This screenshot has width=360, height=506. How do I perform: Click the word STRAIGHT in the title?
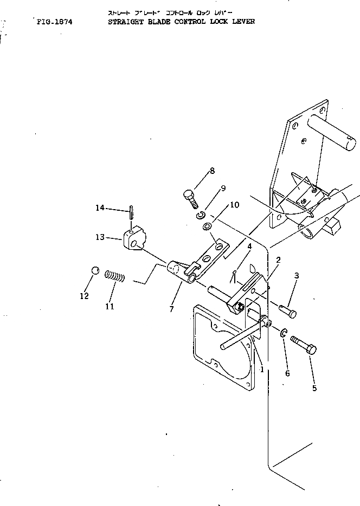[x=124, y=22]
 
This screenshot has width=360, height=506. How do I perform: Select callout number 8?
[x=212, y=171]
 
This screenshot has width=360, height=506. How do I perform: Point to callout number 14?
[x=99, y=208]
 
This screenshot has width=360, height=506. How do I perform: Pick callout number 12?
[x=83, y=296]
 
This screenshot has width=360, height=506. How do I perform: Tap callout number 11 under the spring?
[x=110, y=307]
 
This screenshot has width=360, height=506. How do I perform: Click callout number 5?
[x=314, y=388]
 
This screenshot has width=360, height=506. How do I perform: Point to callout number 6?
[x=287, y=373]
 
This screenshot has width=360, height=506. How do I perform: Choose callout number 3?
[x=297, y=276]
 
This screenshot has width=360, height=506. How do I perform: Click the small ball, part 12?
[x=94, y=270]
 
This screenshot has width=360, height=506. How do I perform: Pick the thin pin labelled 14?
[x=132, y=212]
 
